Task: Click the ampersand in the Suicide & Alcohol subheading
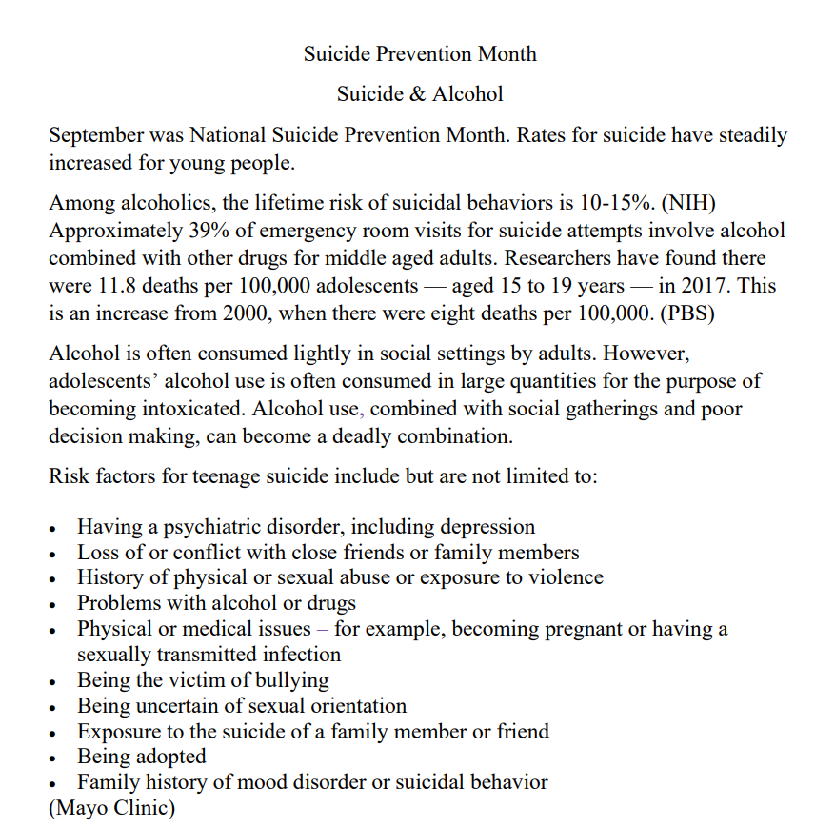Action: coord(420,94)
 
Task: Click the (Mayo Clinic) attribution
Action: coord(112,809)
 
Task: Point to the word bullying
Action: coord(289,680)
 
